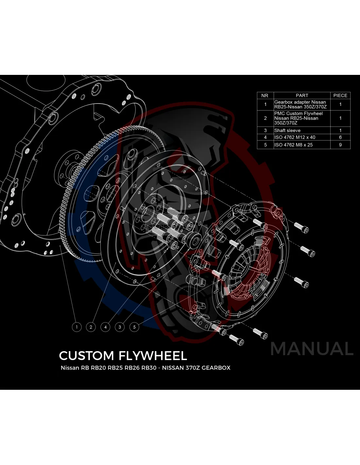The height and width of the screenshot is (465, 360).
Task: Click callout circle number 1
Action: tap(77, 327)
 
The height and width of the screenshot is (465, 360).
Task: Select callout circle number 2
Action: tap(91, 327)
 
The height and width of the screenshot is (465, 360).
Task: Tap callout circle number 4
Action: tap(105, 327)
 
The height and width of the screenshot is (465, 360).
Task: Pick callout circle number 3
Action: tap(120, 327)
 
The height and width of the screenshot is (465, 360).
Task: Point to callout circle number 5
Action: tap(134, 327)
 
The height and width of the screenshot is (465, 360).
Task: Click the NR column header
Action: tap(265, 95)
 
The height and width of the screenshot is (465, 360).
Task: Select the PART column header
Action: tap(302, 95)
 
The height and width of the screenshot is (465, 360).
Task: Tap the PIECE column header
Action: tap(340, 95)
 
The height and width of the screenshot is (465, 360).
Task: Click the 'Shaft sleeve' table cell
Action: tap(287, 130)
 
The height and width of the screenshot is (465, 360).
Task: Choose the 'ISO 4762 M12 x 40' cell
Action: tap(295, 137)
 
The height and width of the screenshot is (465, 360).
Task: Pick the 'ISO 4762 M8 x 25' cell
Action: tap(293, 145)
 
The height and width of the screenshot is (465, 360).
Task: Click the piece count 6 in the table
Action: tap(340, 137)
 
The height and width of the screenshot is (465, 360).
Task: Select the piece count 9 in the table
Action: tap(340, 145)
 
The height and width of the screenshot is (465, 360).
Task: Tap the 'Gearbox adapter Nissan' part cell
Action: tap(300, 104)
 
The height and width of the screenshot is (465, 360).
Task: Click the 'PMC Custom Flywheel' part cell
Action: tap(298, 118)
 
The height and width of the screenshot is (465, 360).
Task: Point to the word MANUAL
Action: tap(312, 349)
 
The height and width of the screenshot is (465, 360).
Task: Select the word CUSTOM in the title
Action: tap(86, 355)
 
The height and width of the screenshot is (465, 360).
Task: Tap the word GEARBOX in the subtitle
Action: tap(216, 368)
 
